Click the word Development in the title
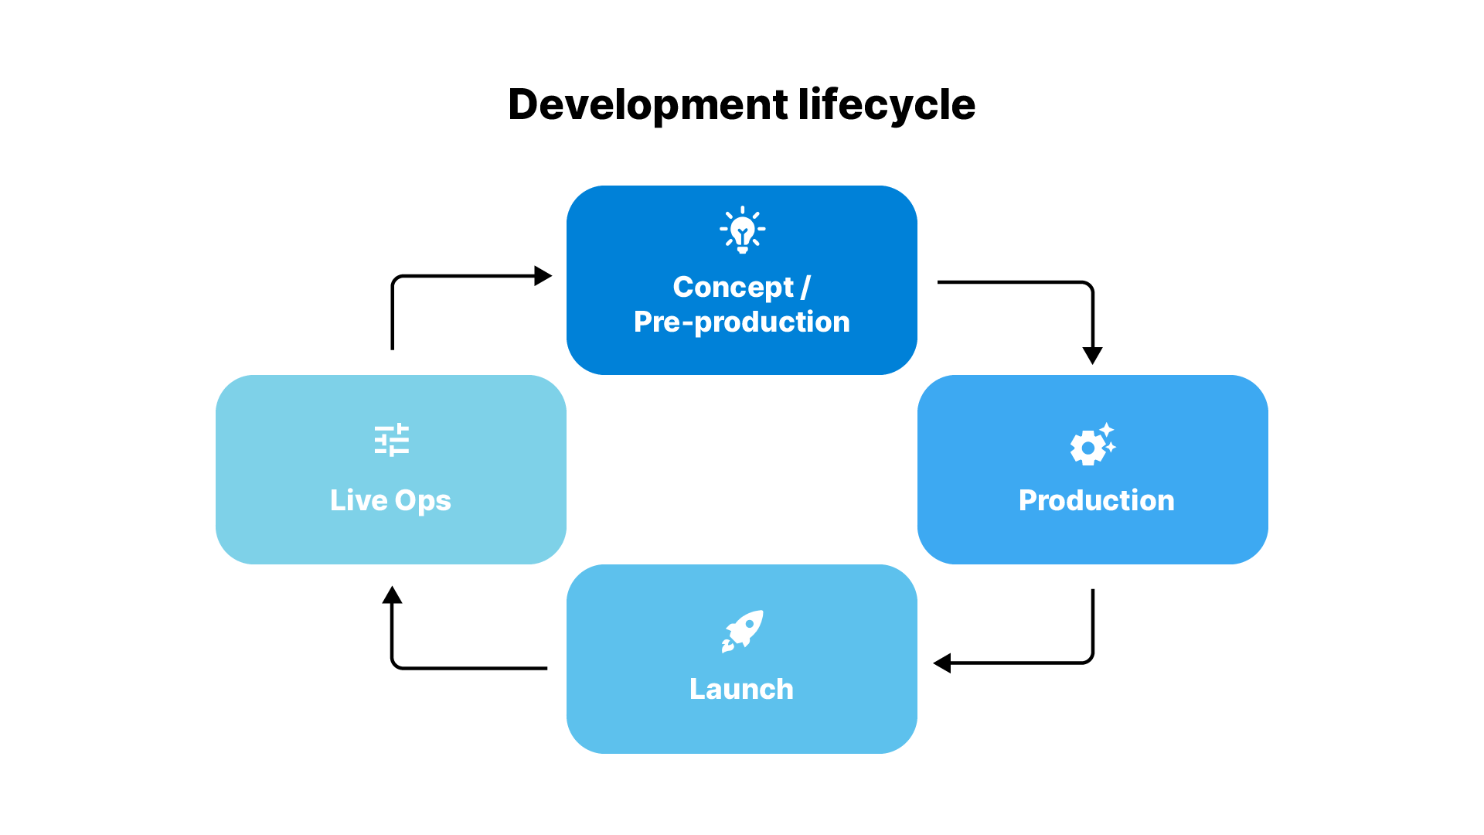point(648,105)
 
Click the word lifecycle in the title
point(887,105)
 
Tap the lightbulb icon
point(742,230)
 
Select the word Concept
point(733,287)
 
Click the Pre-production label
point(741,322)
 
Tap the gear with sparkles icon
point(1092,445)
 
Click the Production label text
point(1096,500)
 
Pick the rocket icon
point(742,631)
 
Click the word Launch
point(741,689)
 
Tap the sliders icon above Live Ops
point(391,440)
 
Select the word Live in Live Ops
point(358,500)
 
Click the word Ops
point(422,501)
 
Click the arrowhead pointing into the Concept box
point(543,276)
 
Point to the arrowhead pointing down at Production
point(1092,355)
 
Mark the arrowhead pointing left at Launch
point(942,663)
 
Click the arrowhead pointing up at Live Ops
point(392,595)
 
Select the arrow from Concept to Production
point(1028,282)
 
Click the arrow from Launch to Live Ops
point(464,668)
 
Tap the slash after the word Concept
point(805,287)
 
